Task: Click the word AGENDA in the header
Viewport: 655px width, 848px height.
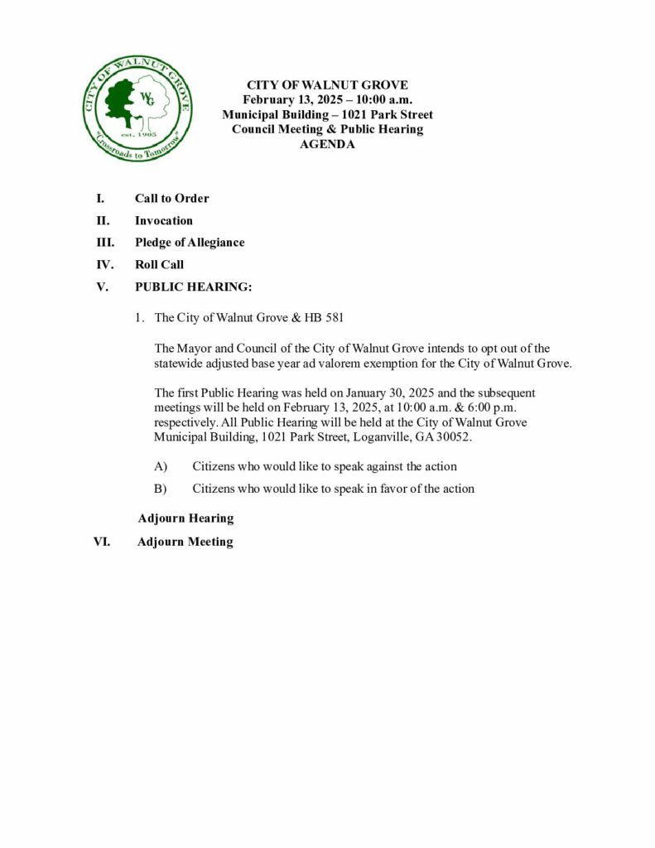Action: [x=327, y=144]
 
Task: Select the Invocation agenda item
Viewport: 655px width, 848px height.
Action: [x=164, y=221]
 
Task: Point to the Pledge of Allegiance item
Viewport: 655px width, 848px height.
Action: [x=190, y=243]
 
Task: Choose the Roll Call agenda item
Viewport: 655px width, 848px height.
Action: [x=159, y=265]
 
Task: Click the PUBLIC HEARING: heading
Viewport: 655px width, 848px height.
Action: [x=193, y=287]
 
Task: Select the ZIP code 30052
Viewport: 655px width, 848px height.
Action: [x=455, y=436]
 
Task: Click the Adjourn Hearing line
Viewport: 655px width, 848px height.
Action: [x=185, y=518]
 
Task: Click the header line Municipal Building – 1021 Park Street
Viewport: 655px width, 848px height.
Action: [x=327, y=114]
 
